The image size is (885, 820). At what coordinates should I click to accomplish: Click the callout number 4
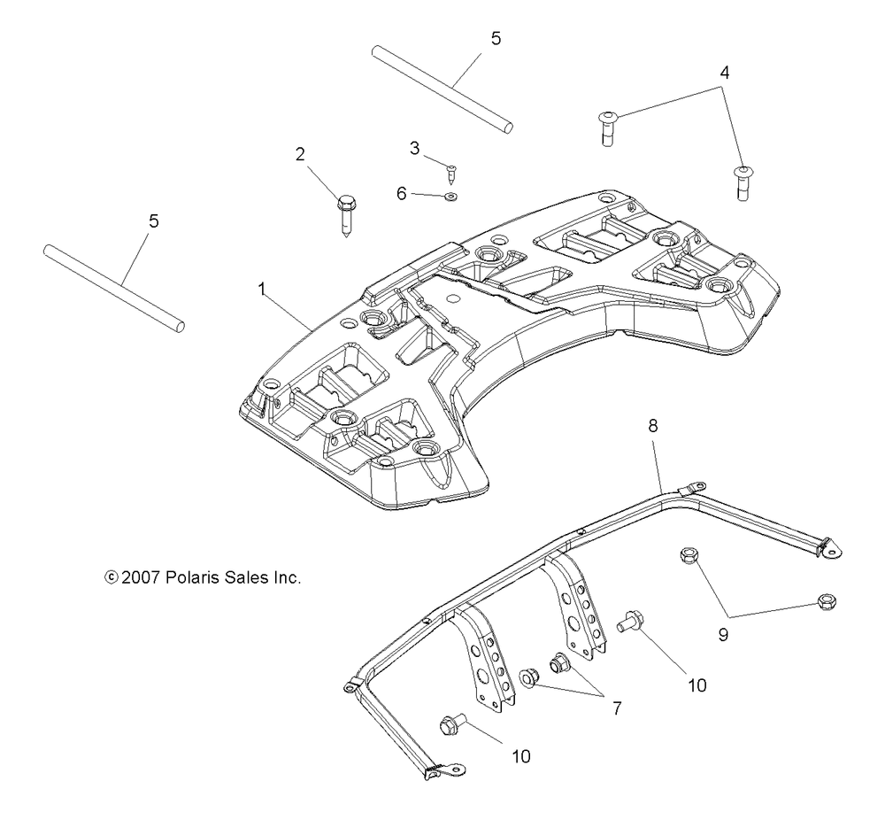pos(725,73)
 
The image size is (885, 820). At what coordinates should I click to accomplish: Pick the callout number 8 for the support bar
pos(653,425)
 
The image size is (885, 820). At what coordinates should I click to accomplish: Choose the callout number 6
pos(401,192)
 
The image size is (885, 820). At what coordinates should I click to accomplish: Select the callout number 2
pos(300,154)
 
